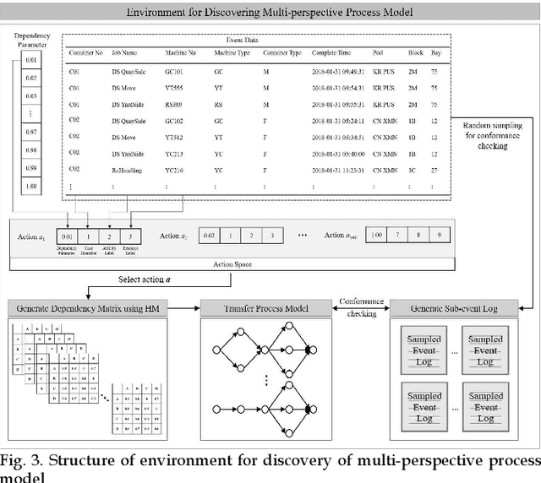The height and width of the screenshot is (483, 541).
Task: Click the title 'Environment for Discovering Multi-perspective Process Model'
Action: [x=270, y=13]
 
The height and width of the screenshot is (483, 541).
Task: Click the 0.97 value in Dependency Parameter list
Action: [x=30, y=133]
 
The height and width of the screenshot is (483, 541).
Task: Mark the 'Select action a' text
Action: [x=143, y=279]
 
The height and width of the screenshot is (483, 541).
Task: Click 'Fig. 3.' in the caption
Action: [x=24, y=460]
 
